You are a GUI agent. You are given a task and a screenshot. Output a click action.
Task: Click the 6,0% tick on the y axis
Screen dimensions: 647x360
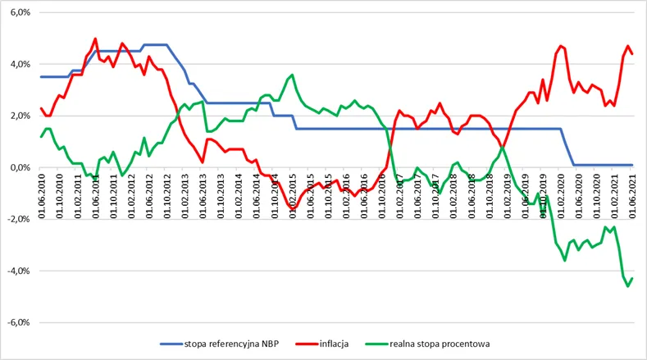(21, 13)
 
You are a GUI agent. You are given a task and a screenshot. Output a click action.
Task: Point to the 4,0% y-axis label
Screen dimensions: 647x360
(21, 65)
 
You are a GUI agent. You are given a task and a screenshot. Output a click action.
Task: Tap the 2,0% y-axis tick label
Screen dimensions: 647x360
(21, 116)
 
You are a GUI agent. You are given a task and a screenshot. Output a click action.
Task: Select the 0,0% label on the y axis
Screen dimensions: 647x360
(21, 167)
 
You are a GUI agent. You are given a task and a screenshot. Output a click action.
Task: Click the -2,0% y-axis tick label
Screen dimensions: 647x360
(19, 219)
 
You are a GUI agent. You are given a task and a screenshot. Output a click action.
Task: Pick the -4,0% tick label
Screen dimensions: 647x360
(19, 271)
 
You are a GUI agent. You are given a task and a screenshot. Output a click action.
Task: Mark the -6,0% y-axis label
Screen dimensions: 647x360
(19, 322)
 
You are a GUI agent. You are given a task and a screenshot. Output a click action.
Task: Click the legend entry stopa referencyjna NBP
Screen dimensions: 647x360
(220, 344)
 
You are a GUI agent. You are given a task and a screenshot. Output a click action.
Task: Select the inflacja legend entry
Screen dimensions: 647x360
(322, 344)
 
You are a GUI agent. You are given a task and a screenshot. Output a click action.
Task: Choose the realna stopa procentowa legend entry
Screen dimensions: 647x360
(427, 344)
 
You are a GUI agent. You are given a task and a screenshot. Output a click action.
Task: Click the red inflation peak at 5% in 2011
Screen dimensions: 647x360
(95, 39)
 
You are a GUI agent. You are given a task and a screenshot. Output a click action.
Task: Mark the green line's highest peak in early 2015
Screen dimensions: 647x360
(292, 75)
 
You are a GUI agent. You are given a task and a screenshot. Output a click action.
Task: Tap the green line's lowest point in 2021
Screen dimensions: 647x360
(628, 286)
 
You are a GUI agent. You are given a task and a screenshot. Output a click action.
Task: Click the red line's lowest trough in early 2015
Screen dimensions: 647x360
(293, 208)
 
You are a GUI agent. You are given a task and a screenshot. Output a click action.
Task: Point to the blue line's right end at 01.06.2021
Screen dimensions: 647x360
(632, 165)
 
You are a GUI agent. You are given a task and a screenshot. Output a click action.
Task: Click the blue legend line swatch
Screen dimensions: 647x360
(171, 344)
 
